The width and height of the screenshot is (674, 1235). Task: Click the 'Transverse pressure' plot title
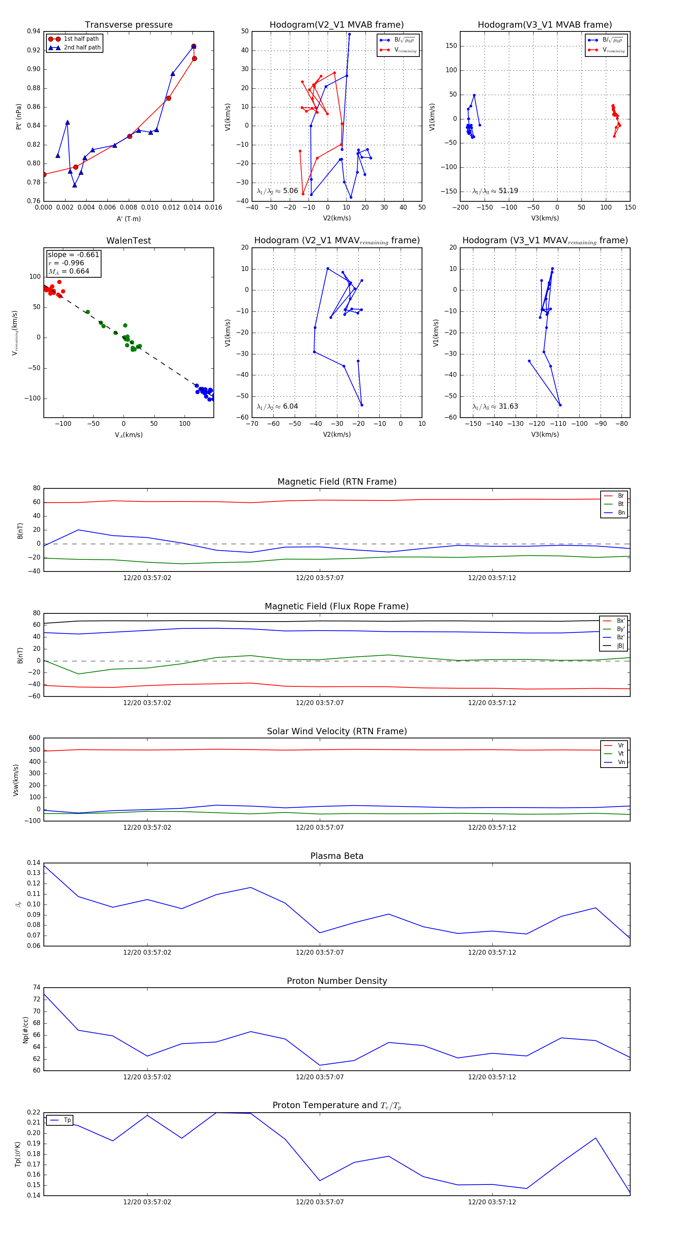(x=128, y=25)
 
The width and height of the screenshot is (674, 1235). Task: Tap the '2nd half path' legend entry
(x=82, y=48)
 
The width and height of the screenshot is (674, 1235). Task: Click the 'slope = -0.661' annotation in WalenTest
(x=73, y=254)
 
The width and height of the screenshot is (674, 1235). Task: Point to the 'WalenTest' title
(x=128, y=241)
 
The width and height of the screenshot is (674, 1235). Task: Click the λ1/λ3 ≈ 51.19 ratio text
(x=495, y=191)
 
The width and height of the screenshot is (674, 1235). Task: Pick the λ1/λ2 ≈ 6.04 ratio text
(x=277, y=406)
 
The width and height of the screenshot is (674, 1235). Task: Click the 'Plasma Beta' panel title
(x=337, y=856)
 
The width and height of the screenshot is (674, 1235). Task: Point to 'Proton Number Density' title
(x=337, y=981)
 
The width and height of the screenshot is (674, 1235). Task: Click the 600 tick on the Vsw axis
(x=34, y=738)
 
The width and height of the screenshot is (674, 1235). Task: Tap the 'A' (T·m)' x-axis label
(x=128, y=219)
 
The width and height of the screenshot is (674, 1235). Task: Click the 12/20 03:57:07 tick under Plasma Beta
(x=319, y=952)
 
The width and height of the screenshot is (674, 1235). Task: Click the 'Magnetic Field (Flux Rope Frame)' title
(x=337, y=607)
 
